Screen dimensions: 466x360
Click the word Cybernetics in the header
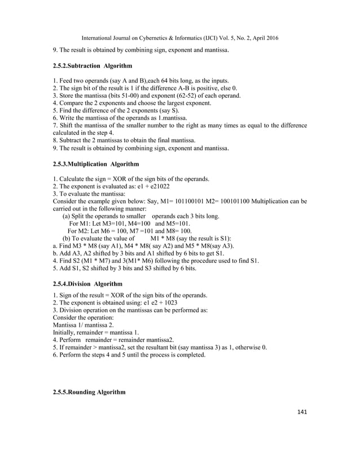(x=144, y=38)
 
